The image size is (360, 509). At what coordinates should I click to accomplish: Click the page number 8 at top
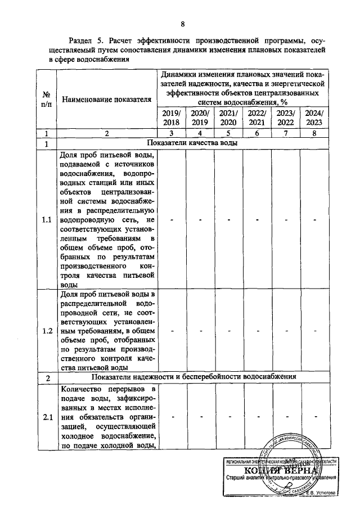[183, 23]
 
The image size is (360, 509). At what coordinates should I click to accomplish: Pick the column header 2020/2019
[200, 118]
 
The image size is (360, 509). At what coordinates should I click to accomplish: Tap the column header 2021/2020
[228, 118]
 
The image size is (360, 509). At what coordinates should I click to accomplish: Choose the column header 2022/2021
[257, 118]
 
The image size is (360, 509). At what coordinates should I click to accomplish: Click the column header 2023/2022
[286, 118]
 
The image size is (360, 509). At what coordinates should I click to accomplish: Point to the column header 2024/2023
[314, 118]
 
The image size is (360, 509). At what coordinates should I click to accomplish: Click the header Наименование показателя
[107, 100]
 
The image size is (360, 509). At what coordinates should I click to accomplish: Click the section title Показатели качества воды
[191, 143]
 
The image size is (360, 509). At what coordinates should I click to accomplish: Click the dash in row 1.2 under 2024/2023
[314, 331]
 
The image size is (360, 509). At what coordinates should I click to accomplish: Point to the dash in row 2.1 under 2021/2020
[228, 417]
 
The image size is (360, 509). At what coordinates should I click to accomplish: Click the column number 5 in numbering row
[228, 133]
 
